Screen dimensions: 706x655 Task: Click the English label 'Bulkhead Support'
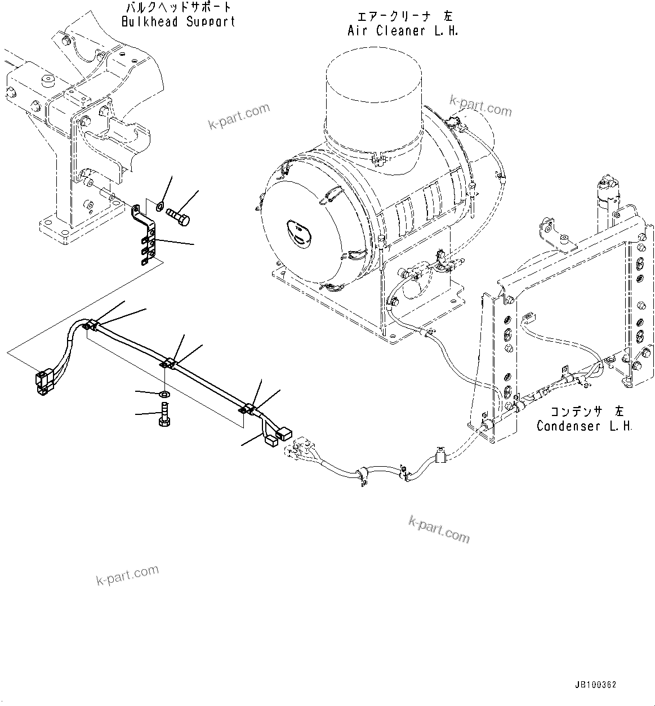(x=178, y=23)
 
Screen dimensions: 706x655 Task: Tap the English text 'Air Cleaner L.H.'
(x=403, y=31)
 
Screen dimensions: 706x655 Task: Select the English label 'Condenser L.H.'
(x=584, y=426)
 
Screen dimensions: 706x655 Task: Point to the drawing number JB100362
(x=596, y=685)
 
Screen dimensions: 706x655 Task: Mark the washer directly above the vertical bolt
(x=164, y=392)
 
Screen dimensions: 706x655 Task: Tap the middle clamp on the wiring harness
(x=170, y=365)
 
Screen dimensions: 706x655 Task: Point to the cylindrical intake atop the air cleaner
(x=373, y=106)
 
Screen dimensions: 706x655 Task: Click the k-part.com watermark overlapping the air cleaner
(x=480, y=105)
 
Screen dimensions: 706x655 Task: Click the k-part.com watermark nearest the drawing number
(x=439, y=529)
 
